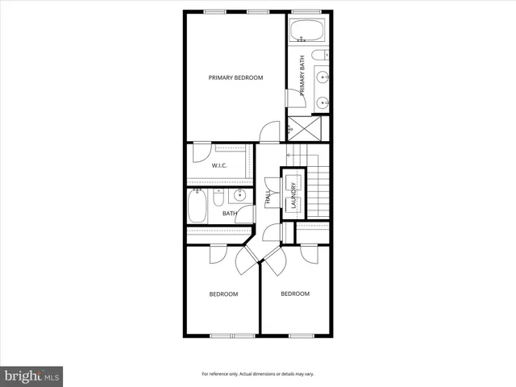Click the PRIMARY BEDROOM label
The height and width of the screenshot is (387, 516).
click(x=235, y=78)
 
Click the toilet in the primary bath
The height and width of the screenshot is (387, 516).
click(x=320, y=55)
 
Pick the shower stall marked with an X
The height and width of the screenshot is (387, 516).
click(x=309, y=127)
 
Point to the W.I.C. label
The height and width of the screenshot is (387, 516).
click(x=219, y=166)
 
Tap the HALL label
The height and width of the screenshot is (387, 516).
click(x=268, y=197)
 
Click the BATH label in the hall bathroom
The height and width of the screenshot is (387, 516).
click(x=229, y=214)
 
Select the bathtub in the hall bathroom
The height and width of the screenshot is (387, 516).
click(x=198, y=206)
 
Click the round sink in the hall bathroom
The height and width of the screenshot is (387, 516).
click(x=240, y=196)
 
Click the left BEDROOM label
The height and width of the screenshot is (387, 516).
click(x=223, y=294)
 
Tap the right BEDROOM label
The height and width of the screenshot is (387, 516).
click(x=294, y=293)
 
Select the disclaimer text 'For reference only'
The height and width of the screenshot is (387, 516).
click(x=257, y=374)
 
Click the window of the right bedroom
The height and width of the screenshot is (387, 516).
click(x=301, y=334)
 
